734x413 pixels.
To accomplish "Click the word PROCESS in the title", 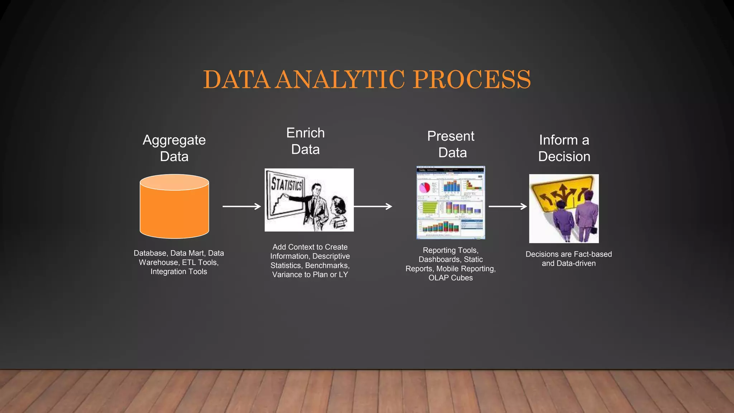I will pyautogui.click(x=472, y=80).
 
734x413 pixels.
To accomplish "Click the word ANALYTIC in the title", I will pyautogui.click(x=340, y=80).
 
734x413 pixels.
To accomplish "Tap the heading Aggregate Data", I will pyautogui.click(x=174, y=148).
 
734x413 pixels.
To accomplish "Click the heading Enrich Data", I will pyautogui.click(x=305, y=141).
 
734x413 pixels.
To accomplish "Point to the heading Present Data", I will pyautogui.click(x=451, y=144).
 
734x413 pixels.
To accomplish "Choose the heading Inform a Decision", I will pyautogui.click(x=564, y=148).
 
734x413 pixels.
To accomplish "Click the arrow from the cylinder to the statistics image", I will pyautogui.click(x=242, y=206).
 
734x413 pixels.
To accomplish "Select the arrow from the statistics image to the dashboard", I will pyautogui.click(x=373, y=206).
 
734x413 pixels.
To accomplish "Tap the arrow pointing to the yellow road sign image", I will pyautogui.click(x=507, y=206).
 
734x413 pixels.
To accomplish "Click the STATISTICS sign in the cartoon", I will pyautogui.click(x=286, y=185).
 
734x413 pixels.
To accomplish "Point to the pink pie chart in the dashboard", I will pyautogui.click(x=425, y=187).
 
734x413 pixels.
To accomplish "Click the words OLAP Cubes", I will pyautogui.click(x=451, y=278).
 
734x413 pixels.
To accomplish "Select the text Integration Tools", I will pyautogui.click(x=178, y=272).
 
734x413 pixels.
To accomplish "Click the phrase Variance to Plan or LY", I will pyautogui.click(x=310, y=275).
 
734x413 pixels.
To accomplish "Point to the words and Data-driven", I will pyautogui.click(x=568, y=264).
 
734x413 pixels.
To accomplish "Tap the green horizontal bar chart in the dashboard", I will pyautogui.click(x=428, y=207).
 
